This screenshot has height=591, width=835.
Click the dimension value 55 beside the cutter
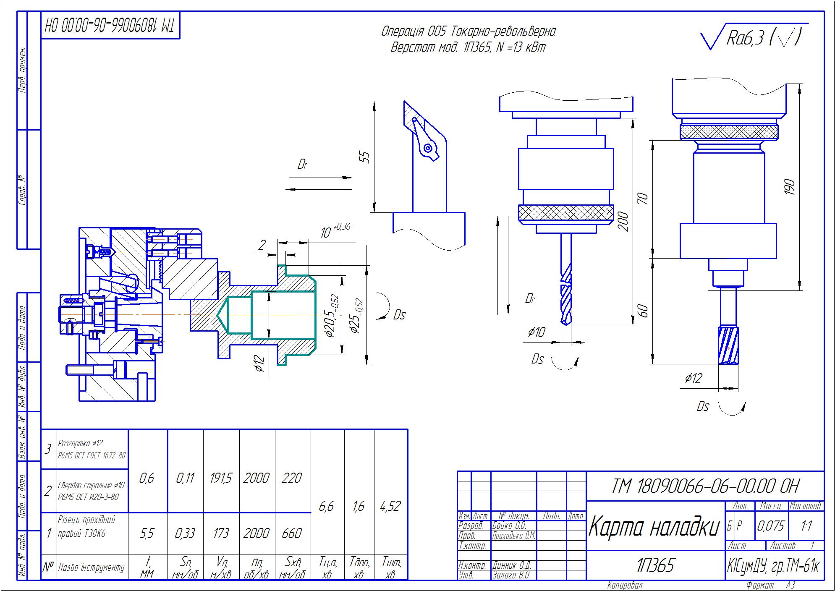point(366,157)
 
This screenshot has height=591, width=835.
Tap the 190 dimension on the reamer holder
point(789,187)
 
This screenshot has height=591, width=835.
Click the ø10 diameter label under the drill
point(536,332)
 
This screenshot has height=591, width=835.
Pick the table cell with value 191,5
point(221,478)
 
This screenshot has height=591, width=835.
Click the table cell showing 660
point(292,533)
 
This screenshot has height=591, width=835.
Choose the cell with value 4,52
point(390,506)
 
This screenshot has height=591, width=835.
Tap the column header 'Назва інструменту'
point(92,568)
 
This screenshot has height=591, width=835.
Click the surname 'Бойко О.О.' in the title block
point(509,526)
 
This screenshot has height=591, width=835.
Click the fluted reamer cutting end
point(728,346)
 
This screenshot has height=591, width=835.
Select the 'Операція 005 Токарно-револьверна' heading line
point(468,31)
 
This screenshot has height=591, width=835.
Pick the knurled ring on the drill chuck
point(565,213)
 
